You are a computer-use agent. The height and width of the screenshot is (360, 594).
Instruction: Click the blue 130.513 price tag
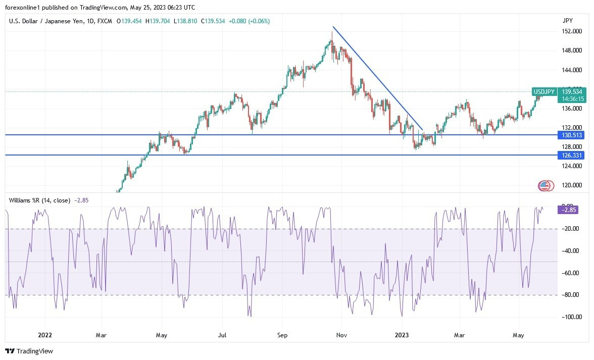click(571, 135)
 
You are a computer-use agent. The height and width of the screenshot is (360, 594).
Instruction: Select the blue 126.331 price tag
click(571, 155)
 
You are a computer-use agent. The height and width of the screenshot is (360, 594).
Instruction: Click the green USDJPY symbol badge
click(545, 92)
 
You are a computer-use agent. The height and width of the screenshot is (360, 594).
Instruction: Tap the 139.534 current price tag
click(572, 92)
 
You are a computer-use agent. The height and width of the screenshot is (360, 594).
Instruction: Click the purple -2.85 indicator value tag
click(569, 210)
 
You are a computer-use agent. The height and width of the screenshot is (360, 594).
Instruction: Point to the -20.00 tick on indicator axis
click(570, 229)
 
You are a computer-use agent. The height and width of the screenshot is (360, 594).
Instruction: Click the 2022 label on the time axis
click(45, 335)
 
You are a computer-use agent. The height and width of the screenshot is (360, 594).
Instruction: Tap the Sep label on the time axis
click(282, 335)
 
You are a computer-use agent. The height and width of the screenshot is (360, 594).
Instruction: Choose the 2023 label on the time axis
click(402, 335)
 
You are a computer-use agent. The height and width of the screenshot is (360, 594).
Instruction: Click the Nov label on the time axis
click(341, 335)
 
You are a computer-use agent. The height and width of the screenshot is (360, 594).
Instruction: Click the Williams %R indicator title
click(39, 200)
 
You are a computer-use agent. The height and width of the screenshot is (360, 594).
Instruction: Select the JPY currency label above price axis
click(567, 21)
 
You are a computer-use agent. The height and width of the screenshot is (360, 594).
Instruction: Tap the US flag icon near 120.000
click(544, 186)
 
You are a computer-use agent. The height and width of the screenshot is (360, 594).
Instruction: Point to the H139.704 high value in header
click(159, 21)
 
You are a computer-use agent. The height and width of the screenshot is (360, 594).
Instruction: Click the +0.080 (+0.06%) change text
click(249, 21)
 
